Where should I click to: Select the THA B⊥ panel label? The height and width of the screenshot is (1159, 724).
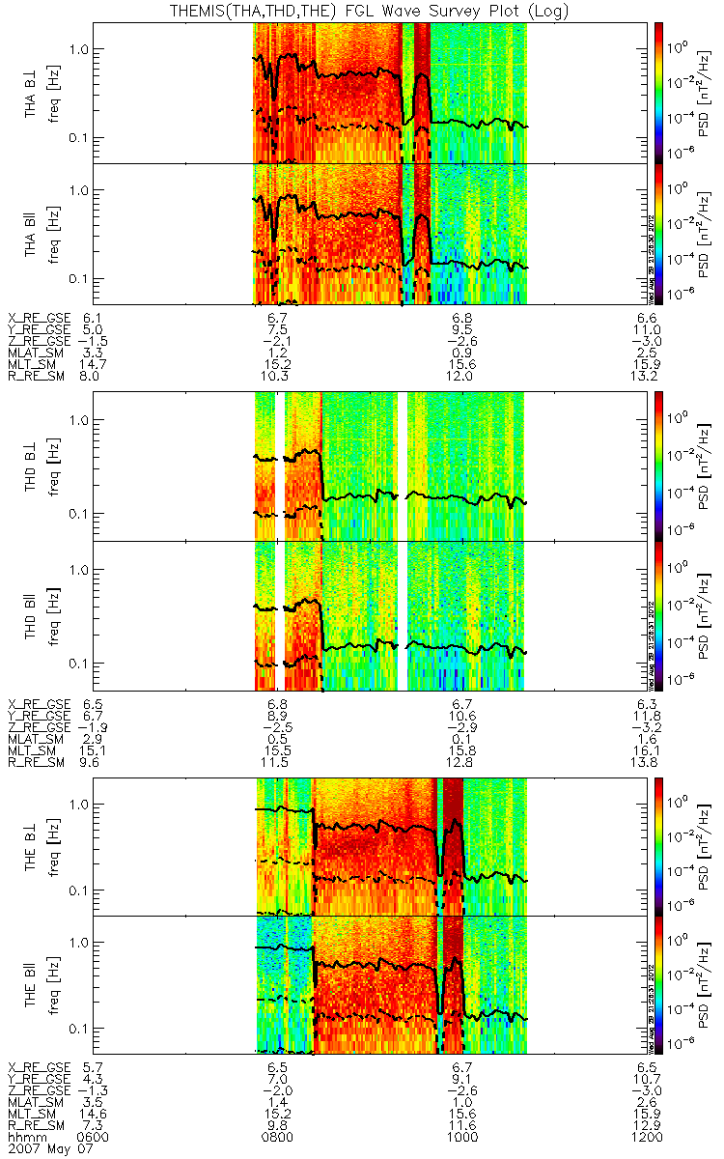[32, 94]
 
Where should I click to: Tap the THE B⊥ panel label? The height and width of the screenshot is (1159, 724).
[32, 845]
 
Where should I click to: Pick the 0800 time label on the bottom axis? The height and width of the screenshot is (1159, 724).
[277, 1138]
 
